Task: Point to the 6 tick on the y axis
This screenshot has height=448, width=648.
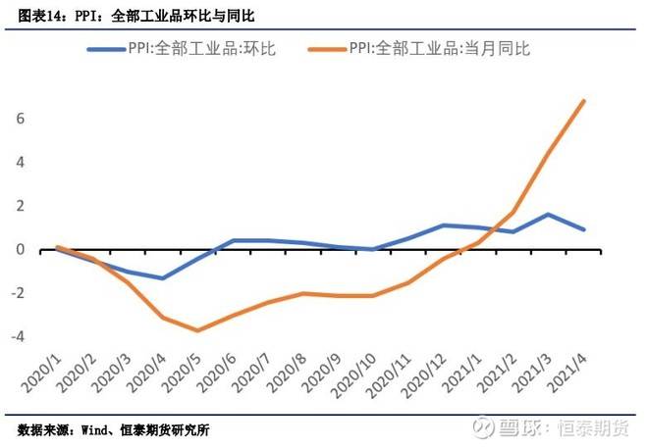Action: [19, 119]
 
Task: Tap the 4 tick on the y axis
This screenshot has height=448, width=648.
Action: [19, 162]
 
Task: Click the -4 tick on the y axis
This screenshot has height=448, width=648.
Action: [16, 336]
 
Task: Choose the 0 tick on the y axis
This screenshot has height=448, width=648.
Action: [19, 249]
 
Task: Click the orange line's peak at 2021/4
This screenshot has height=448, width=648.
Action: [584, 101]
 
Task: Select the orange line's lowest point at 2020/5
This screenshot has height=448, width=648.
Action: [197, 330]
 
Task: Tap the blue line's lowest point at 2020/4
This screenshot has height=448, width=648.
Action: [162, 278]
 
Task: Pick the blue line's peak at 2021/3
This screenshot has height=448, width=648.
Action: [549, 214]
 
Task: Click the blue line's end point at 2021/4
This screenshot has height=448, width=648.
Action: [584, 229]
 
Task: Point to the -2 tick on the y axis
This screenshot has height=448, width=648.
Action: [16, 293]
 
